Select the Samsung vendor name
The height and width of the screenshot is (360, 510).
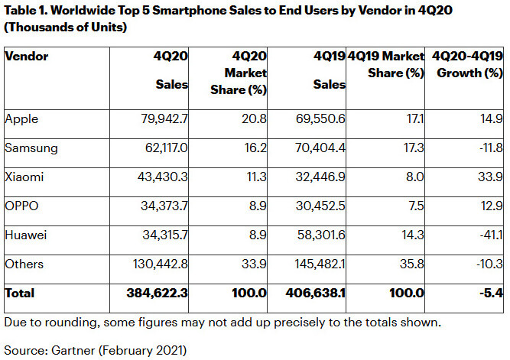(x=28, y=148)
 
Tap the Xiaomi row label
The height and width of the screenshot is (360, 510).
(x=23, y=177)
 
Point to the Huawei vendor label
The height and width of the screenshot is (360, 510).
(x=24, y=235)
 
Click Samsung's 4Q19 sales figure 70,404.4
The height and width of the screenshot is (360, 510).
(x=317, y=148)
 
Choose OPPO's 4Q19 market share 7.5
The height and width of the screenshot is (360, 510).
(x=414, y=206)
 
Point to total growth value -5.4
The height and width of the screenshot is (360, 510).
(x=489, y=293)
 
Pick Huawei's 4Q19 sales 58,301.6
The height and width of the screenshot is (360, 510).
(x=317, y=235)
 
